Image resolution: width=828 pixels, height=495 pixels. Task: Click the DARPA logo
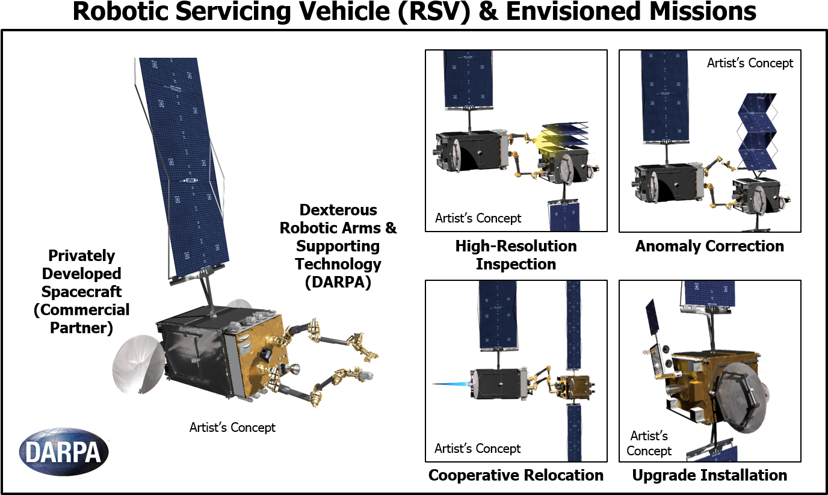(64, 452)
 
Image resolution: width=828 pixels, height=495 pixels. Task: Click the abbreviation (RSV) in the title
(434, 11)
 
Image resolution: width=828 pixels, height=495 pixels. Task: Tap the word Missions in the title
(703, 11)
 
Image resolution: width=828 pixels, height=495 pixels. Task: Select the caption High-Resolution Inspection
(516, 255)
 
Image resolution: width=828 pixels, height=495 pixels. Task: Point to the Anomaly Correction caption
(709, 246)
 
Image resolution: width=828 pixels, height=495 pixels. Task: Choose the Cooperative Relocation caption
(516, 475)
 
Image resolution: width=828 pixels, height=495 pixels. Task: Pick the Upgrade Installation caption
(709, 475)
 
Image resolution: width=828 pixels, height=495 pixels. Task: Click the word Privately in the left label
(82, 256)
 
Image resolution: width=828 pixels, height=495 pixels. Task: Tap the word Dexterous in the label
(338, 210)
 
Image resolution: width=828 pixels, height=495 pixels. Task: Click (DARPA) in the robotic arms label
(338, 282)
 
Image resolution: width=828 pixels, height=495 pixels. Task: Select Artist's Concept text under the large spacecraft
(232, 428)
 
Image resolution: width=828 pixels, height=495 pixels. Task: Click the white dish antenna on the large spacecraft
(138, 364)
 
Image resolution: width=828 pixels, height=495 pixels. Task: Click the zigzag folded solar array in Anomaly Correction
(756, 132)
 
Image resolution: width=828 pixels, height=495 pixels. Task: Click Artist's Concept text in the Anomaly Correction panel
(750, 63)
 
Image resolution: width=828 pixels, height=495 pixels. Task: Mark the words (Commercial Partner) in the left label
(82, 319)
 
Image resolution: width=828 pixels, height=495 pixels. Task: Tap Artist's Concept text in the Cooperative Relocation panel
(478, 449)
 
